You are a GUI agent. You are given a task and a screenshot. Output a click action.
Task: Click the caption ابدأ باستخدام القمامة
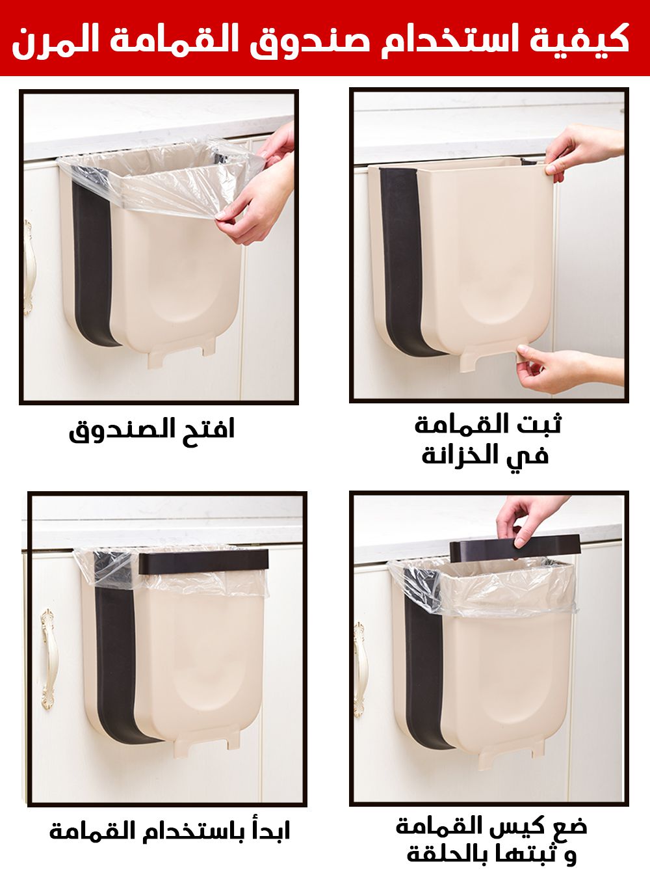pyautogui.click(x=170, y=830)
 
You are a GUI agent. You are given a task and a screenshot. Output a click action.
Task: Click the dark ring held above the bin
pyautogui.click(x=515, y=549)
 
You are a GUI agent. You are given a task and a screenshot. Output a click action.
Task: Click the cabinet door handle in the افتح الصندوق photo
pyautogui.click(x=28, y=267)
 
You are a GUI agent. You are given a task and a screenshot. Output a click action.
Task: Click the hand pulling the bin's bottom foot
pyautogui.click(x=569, y=368)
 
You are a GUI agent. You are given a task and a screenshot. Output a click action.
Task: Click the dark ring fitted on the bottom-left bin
pyautogui.click(x=203, y=561)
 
